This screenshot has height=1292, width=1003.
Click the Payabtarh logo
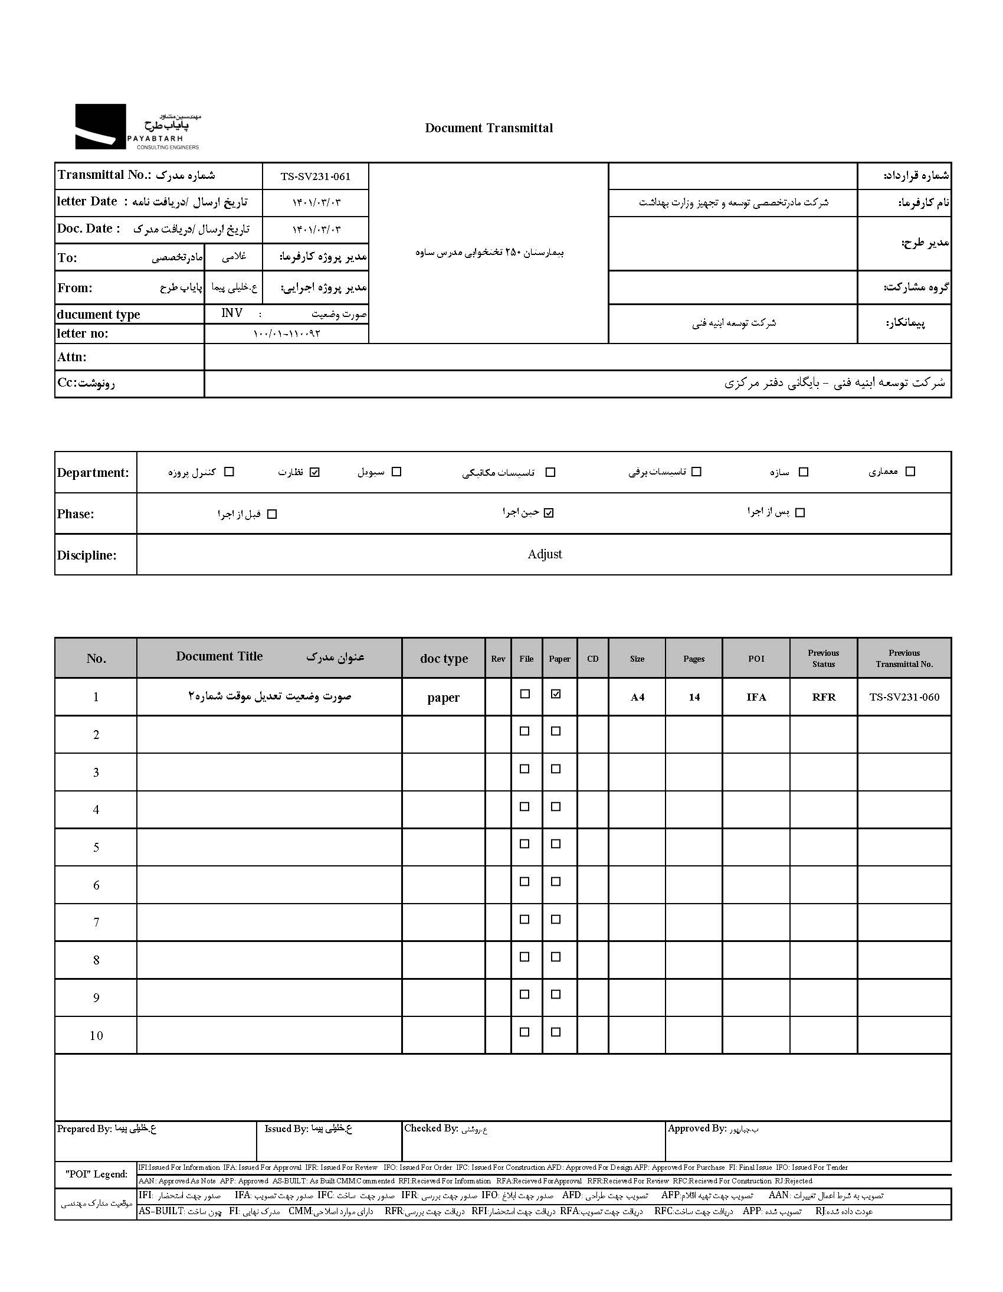tap(137, 126)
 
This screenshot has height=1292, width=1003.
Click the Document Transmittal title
tap(489, 128)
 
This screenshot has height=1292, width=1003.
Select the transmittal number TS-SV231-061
tap(315, 176)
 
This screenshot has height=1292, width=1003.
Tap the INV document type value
tap(232, 313)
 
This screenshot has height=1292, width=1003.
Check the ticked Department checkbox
tap(314, 472)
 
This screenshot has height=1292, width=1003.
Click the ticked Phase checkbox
tap(549, 513)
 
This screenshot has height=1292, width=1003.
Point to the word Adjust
tap(545, 554)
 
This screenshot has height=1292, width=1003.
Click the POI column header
tap(756, 659)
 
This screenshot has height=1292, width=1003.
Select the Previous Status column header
tap(823, 659)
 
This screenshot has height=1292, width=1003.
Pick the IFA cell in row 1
tap(756, 697)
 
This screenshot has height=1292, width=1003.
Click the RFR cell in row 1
tap(823, 697)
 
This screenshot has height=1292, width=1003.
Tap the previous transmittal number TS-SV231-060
tap(904, 697)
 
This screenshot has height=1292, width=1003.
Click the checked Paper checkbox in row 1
tap(555, 695)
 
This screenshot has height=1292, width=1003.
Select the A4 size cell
tap(637, 697)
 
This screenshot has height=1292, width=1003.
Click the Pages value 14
tap(694, 697)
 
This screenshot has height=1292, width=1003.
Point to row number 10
tap(96, 1036)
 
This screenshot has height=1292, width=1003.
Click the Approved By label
tap(697, 1129)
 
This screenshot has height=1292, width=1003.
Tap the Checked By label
tap(431, 1128)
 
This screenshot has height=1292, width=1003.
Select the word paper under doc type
tap(443, 698)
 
